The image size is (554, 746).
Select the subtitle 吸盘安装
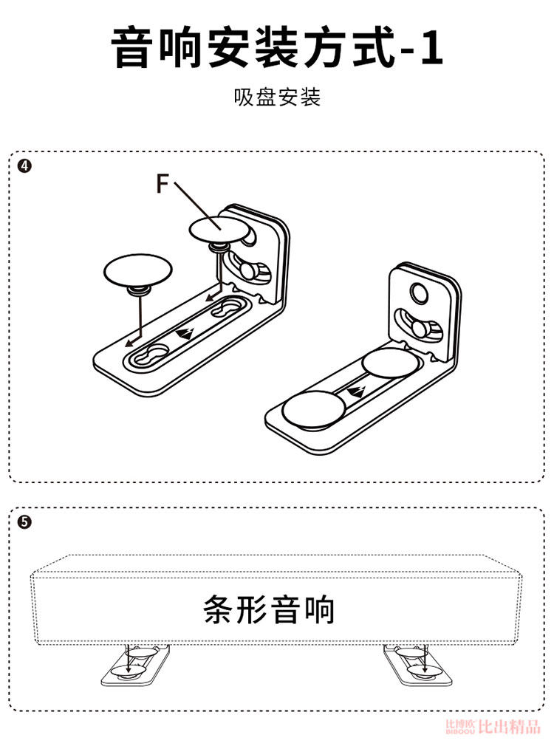pos(277,97)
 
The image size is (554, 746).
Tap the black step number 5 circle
pos(24,521)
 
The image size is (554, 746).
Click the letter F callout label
pos(164,182)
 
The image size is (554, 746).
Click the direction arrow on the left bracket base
pos(187,332)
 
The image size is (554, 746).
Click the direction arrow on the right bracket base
pos(358,390)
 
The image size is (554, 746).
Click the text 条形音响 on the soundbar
pos(269,611)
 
